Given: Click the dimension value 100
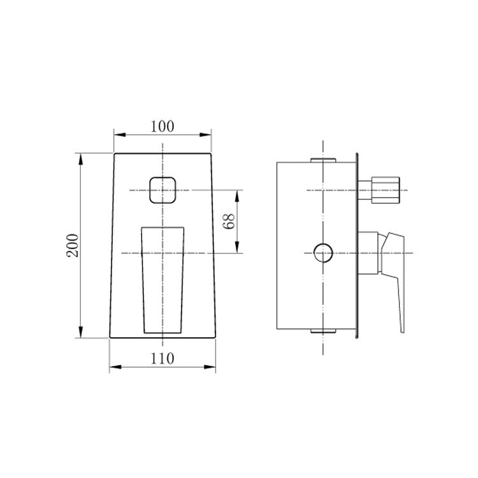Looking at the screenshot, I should click(x=162, y=126).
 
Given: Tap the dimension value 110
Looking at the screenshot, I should click(x=163, y=358).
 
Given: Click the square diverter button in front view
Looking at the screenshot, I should click(x=163, y=190).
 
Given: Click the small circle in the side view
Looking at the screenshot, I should click(x=324, y=253).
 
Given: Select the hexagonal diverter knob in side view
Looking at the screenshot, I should click(x=385, y=189).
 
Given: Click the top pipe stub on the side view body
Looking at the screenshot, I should click(x=323, y=159).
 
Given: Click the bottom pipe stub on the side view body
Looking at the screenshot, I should click(x=323, y=331).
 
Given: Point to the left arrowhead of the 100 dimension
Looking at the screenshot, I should click(x=117, y=134).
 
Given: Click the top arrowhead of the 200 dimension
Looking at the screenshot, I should click(x=80, y=157).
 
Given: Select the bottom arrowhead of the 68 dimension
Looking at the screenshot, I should click(x=237, y=250).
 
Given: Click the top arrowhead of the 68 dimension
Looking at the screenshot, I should click(x=237, y=194).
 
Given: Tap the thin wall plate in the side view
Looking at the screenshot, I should click(x=357, y=245).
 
